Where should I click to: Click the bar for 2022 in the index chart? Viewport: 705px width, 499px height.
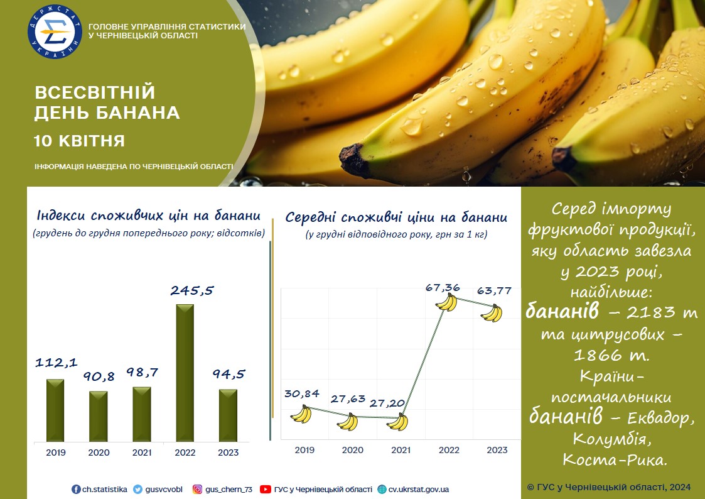coord(185,373)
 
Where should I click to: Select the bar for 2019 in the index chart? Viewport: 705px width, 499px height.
coord(55,410)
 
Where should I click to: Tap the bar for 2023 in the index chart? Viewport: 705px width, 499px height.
coord(228,415)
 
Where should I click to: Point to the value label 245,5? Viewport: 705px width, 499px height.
coord(192,291)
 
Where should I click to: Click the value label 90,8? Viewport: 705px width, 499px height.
coord(99,376)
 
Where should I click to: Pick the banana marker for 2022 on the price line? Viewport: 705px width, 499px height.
coord(446,302)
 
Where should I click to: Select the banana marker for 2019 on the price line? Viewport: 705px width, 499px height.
coord(301,414)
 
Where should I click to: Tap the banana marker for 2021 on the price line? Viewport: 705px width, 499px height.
coord(397,422)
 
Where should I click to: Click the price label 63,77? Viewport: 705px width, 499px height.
coord(494,291)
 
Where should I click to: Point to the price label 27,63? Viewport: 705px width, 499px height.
coord(348,398)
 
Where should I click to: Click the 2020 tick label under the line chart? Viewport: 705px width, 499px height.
coord(353,450)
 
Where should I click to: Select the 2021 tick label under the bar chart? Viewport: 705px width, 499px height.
coord(142,452)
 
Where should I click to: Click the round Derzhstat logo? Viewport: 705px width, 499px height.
coord(55,31)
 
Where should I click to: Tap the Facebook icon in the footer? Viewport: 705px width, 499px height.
coord(76,489)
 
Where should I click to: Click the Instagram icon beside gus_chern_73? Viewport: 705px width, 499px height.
coord(197,489)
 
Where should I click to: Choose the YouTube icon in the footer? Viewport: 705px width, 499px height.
coord(266,489)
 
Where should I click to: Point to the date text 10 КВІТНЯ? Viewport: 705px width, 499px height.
coord(79,141)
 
